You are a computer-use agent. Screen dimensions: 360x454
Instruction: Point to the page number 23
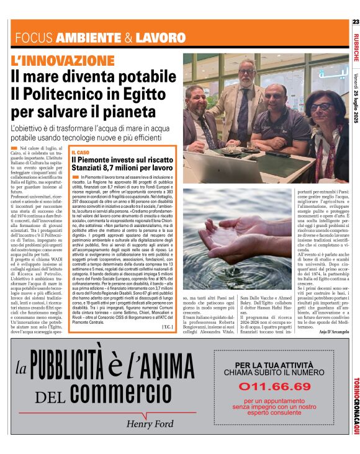(x=356, y=22)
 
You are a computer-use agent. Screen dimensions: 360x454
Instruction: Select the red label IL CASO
(x=82, y=152)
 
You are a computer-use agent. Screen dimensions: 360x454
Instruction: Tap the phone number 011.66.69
(x=269, y=386)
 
